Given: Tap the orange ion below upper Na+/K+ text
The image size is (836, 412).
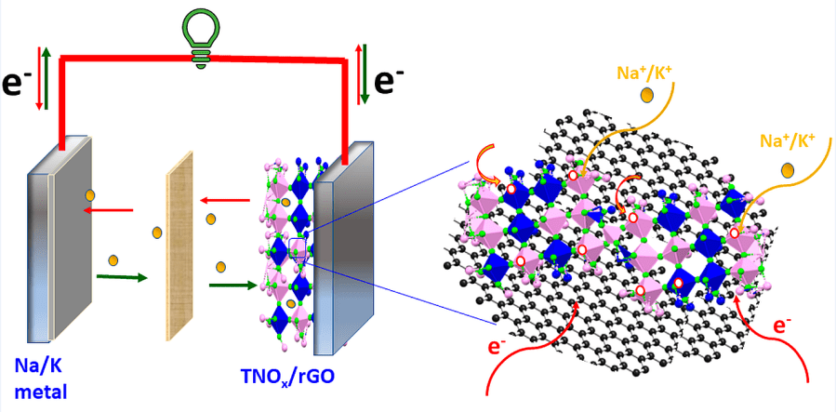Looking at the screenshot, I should [x=645, y=96].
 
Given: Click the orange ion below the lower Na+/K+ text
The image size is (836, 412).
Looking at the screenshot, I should [x=788, y=170].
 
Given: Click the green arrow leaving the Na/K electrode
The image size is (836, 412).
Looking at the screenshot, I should [x=121, y=276].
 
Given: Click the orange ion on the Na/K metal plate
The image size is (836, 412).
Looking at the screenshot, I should [x=90, y=195].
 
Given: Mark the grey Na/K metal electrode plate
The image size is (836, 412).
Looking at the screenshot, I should [x=56, y=251].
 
